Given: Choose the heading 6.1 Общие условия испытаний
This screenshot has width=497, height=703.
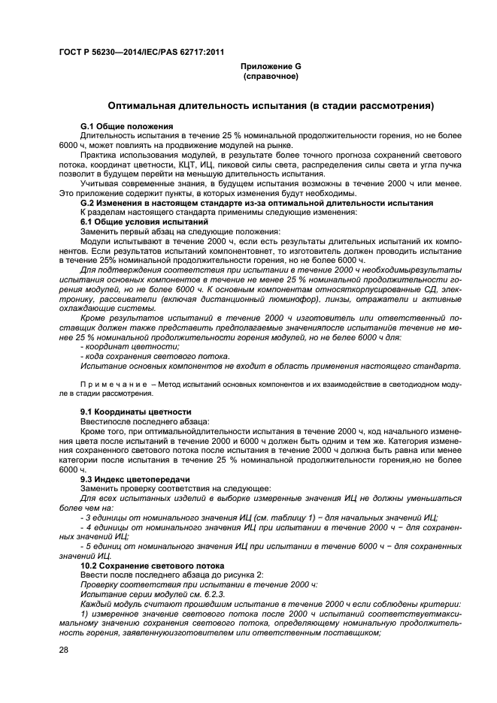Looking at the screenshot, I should (x=144, y=222).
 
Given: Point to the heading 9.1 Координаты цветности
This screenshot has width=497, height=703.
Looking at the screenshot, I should (x=135, y=412).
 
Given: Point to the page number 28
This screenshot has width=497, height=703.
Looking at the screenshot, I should (x=64, y=650).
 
